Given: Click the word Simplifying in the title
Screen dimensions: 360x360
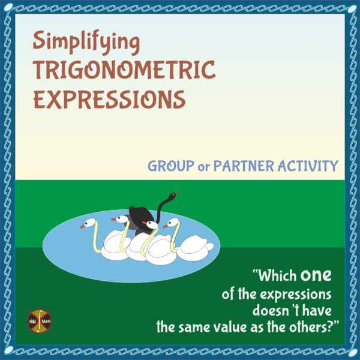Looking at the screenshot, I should [86, 44].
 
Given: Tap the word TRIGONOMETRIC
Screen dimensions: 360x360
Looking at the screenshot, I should [124, 71].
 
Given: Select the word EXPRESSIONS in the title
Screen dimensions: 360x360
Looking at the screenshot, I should [109, 99].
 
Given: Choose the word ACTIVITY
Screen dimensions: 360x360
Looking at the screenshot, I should [310, 166].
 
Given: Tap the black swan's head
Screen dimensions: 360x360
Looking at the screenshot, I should [173, 194].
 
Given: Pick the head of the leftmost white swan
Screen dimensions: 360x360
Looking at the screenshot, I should [90, 223].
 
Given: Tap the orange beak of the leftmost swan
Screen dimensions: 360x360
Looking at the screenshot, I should [83, 227].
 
